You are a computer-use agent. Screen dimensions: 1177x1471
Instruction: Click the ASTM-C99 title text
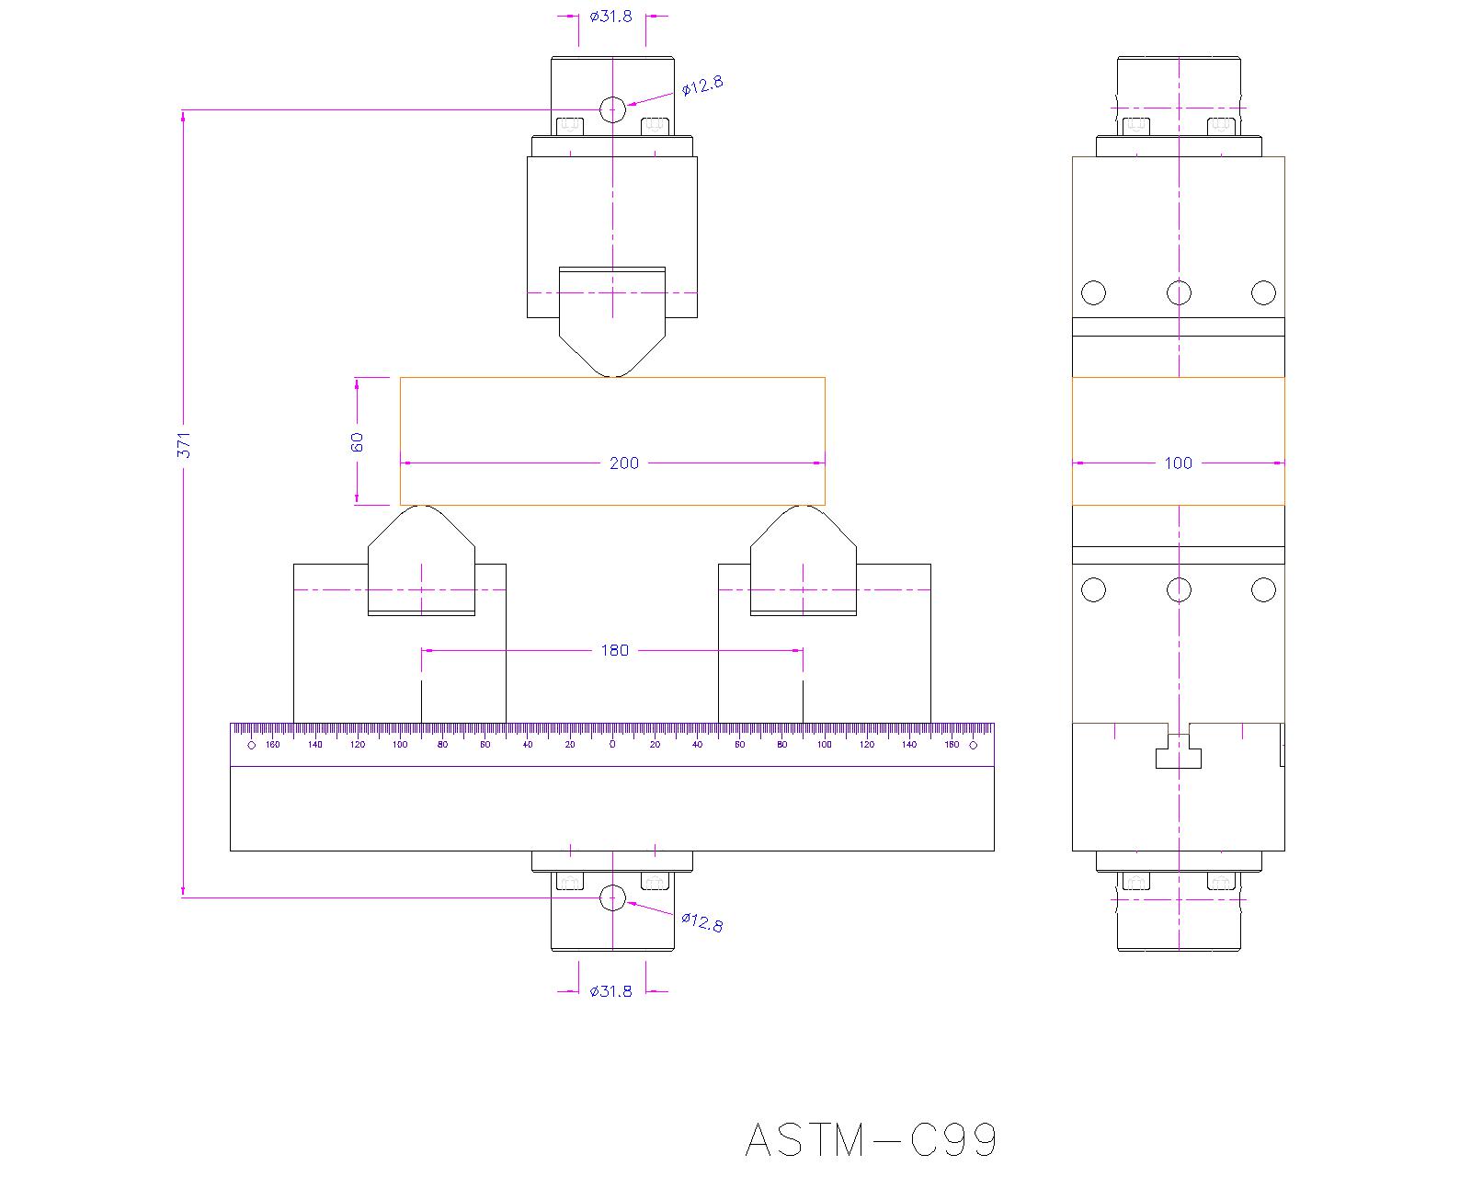click(x=871, y=1140)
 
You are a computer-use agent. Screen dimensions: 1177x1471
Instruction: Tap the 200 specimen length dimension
click(x=623, y=463)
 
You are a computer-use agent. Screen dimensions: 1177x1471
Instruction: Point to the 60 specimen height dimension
click(x=357, y=441)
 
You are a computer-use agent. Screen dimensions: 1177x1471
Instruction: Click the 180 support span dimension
click(x=614, y=650)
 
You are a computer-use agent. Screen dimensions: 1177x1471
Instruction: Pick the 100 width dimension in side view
click(x=1178, y=463)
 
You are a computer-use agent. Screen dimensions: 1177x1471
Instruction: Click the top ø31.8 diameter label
click(x=611, y=16)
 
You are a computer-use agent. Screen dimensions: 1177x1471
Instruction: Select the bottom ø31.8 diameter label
click(x=611, y=990)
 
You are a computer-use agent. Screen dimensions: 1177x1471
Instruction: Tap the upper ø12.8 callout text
click(x=702, y=86)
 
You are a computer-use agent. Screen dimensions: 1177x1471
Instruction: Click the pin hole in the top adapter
click(x=612, y=110)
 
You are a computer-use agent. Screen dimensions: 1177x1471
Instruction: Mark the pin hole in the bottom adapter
click(x=612, y=898)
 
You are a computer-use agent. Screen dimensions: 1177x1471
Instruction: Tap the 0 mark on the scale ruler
click(x=612, y=744)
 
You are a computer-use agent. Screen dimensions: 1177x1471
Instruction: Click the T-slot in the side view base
click(x=1178, y=751)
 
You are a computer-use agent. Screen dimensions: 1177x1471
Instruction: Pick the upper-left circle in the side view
click(x=1093, y=292)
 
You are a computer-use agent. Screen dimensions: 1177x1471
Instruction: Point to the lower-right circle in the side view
click(x=1264, y=589)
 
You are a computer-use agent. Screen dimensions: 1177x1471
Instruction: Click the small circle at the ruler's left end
click(x=252, y=745)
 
